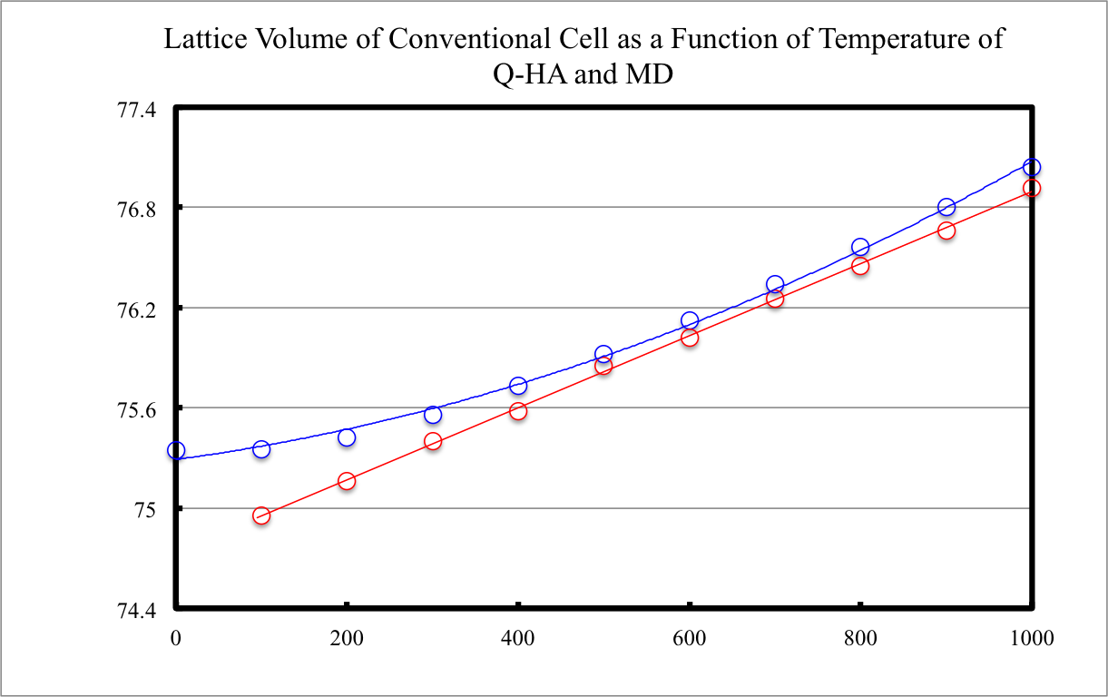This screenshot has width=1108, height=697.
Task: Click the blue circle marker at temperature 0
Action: point(176,450)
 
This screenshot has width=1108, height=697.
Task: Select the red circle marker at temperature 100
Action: point(261,515)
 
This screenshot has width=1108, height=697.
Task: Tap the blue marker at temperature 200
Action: point(347,437)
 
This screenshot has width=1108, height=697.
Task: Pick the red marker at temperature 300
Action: point(433,441)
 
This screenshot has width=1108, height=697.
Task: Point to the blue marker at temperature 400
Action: point(518,386)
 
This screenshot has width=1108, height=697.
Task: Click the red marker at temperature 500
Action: point(603,366)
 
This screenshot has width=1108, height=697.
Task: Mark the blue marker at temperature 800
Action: point(860,247)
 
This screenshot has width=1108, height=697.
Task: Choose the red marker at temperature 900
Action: point(946,231)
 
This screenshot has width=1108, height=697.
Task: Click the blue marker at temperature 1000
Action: point(1032,167)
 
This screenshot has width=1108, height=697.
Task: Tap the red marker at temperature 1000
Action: point(1032,188)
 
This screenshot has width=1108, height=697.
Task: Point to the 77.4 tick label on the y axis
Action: point(137,110)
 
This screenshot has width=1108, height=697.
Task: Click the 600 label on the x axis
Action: point(690,638)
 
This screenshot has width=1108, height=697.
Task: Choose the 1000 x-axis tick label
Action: point(1032,638)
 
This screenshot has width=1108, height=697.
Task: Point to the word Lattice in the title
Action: point(197,41)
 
